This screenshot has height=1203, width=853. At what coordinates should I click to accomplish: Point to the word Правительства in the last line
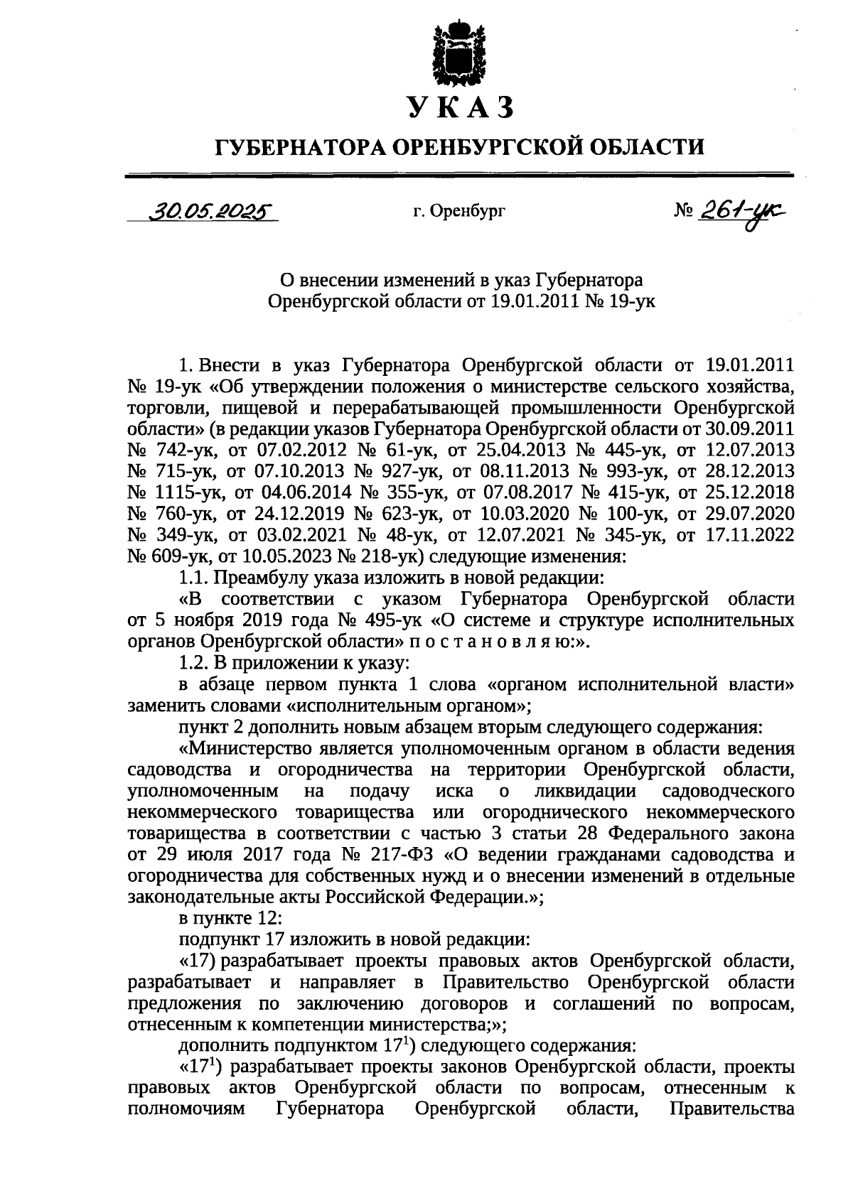click(x=732, y=1109)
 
